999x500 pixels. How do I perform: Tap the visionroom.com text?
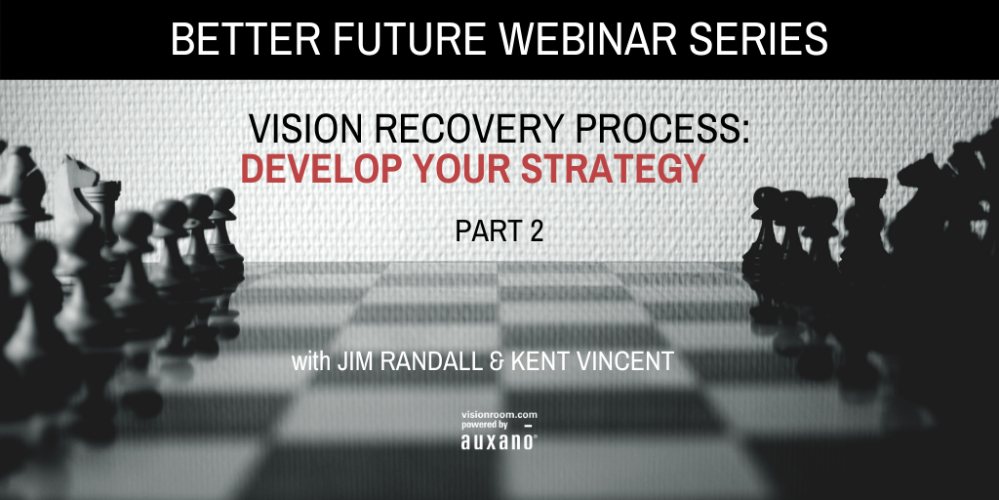[499, 415]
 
